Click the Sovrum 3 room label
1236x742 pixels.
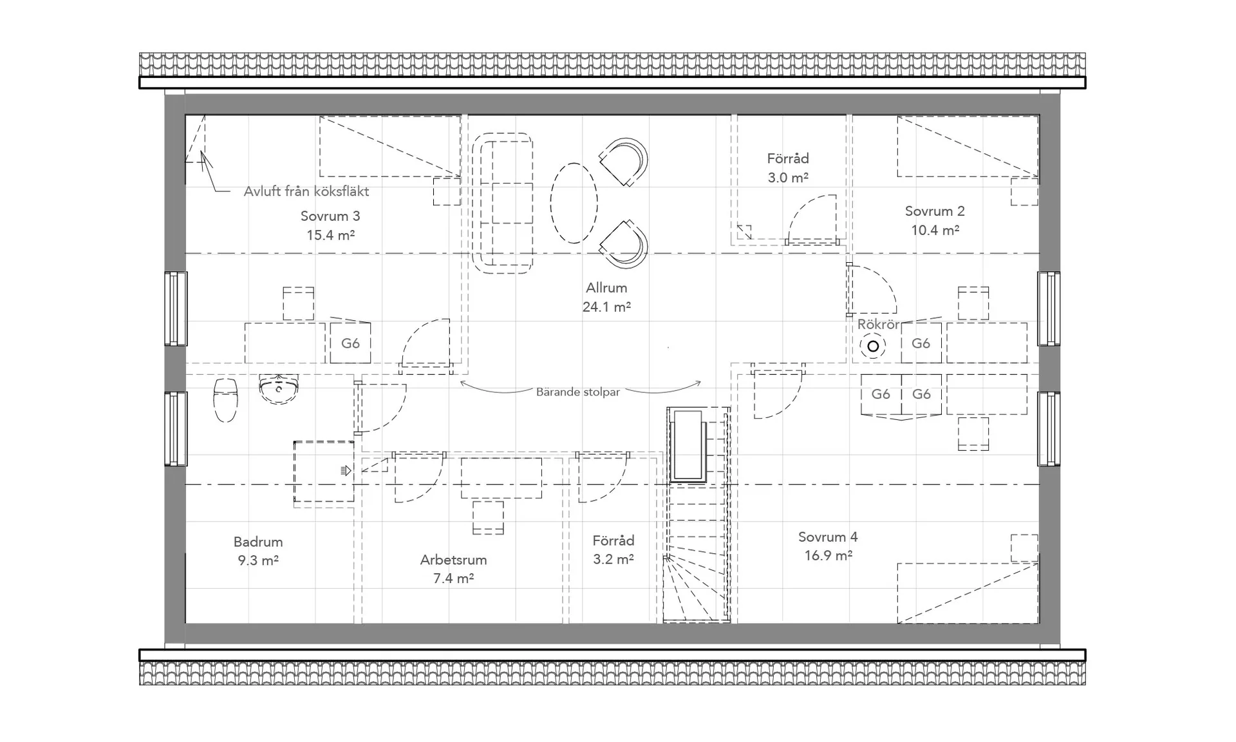[330, 225]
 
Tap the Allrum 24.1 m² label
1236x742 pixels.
[606, 297]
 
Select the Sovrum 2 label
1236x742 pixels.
[935, 220]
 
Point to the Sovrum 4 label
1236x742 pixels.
[828, 546]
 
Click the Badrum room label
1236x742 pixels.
[258, 551]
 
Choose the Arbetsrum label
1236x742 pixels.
[453, 569]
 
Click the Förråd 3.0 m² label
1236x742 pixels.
[788, 167]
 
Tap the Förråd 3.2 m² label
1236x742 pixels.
[613, 549]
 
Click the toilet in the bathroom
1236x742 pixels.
[225, 399]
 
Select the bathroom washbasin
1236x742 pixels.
[279, 389]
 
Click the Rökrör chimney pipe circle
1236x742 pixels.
[873, 347]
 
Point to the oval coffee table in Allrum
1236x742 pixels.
[574, 203]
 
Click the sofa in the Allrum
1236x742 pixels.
[503, 203]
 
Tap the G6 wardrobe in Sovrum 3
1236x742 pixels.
[350, 343]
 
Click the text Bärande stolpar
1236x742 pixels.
[578, 392]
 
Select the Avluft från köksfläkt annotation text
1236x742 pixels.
[306, 191]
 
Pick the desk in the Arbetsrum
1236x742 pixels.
[501, 478]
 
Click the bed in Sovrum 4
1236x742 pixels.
[968, 593]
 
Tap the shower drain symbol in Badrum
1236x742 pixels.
[346, 471]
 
